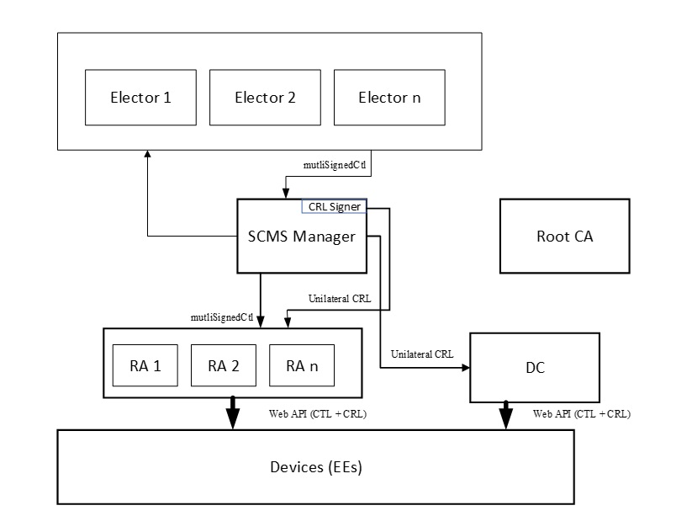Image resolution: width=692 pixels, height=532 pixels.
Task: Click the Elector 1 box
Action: pos(140,98)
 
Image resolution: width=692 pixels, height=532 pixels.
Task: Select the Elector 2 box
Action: pos(264,98)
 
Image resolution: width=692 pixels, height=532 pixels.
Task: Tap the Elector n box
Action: pos(389,98)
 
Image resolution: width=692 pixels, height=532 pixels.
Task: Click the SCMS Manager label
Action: pos(301,237)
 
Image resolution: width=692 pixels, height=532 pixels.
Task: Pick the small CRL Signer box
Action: pos(334,207)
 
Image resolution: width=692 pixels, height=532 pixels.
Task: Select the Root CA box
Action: pos(564,237)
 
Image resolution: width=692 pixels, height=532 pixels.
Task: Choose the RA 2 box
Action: pos(222,366)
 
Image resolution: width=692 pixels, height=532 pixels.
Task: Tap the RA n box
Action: pos(301,366)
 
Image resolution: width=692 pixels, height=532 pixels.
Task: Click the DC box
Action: pos(534,369)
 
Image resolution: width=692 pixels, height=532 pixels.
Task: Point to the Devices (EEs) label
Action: pos(315,467)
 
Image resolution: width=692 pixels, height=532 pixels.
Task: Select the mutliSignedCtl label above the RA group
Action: pos(222,317)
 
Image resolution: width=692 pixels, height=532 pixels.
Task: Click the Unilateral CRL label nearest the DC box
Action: pos(422,354)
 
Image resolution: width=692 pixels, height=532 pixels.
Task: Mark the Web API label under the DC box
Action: pos(582,414)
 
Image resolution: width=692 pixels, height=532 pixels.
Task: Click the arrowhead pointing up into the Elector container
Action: pos(147,155)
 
